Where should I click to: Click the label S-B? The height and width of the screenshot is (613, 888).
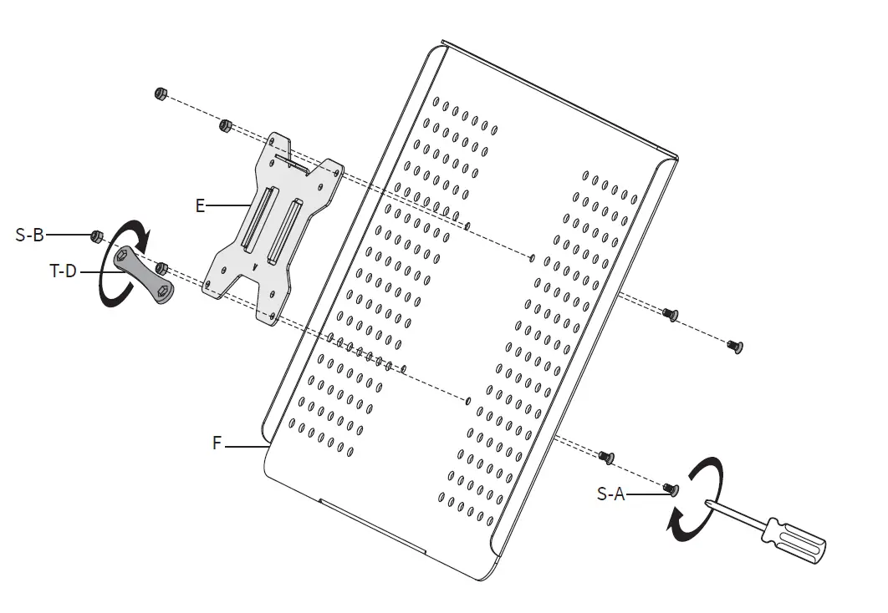tap(29, 236)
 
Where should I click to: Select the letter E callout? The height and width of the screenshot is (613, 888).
tap(200, 205)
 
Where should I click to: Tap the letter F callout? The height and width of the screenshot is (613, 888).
tap(217, 443)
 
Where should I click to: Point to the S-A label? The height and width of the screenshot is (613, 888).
tap(611, 494)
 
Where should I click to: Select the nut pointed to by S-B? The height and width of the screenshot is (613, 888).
tap(97, 236)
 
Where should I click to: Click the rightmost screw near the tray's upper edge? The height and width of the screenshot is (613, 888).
tap(734, 344)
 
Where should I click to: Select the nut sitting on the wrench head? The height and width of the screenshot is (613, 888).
tap(163, 267)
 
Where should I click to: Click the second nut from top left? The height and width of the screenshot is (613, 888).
tap(224, 126)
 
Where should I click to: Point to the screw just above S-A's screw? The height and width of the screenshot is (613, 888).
tap(606, 456)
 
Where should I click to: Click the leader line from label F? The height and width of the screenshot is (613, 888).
tap(244, 448)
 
